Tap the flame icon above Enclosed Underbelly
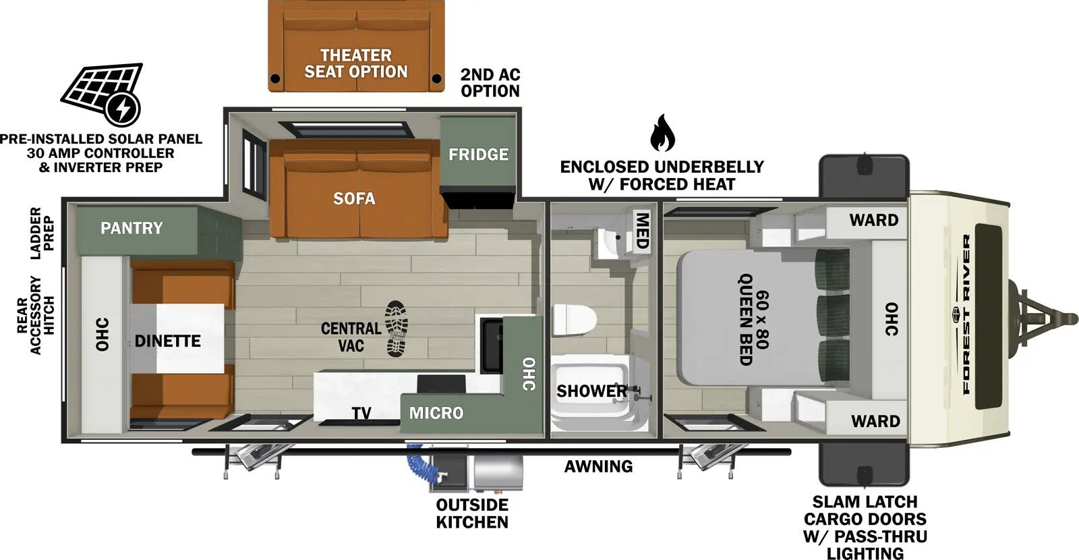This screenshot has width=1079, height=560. click(662, 134)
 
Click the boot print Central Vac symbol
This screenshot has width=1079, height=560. click(397, 329)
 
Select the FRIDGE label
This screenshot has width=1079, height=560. click(478, 155)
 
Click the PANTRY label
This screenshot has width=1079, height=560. click(132, 228)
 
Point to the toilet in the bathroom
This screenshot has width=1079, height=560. click(573, 320)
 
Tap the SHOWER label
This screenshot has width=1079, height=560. click(591, 391)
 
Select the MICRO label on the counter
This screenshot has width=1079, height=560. click(436, 413)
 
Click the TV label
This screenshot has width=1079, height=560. click(361, 413)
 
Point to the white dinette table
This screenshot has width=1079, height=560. click(177, 337)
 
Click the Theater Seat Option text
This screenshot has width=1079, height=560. click(355, 63)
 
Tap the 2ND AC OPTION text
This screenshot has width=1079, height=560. click(490, 82)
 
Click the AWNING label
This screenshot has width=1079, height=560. click(598, 466)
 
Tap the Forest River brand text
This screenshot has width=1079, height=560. click(966, 314)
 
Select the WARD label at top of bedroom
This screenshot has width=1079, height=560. click(873, 220)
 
